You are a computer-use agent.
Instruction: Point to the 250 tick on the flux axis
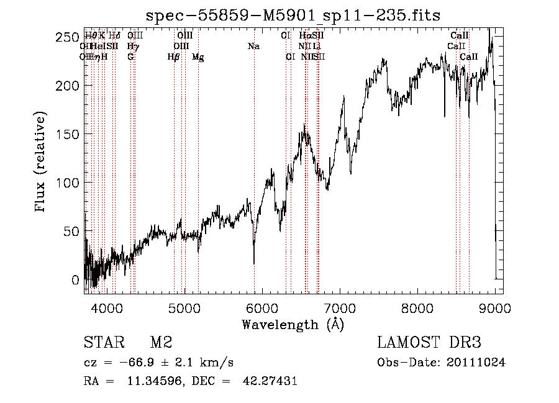pos(71,37)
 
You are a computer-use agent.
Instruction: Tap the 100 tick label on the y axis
pos(71,183)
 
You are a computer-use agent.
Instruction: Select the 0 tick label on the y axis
pos(76,279)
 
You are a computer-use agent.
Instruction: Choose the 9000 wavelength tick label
pos(495,307)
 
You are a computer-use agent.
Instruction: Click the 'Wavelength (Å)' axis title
pos(293,324)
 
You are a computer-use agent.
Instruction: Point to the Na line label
pos(253,47)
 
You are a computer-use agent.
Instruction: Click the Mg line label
pos(198,57)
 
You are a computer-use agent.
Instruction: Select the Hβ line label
pos(173,57)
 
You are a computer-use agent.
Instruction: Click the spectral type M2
pos(161,342)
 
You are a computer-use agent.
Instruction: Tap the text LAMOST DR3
pos(429,342)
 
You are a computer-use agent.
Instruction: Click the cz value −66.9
pos(136,362)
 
